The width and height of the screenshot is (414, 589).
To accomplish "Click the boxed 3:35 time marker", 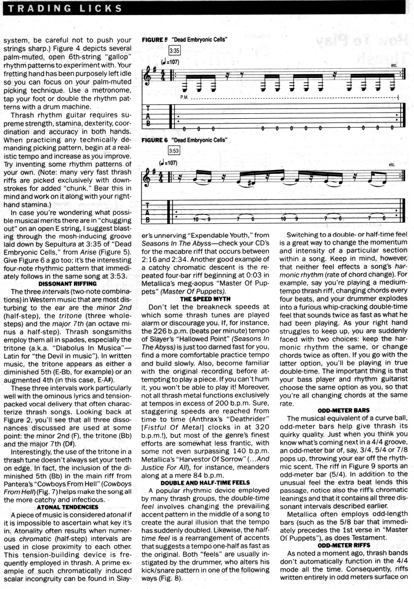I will (174, 51).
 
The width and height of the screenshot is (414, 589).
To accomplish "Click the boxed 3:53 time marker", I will (174, 151).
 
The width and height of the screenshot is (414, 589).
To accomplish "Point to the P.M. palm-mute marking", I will (184, 97).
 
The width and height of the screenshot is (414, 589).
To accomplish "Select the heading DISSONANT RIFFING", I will (68, 284).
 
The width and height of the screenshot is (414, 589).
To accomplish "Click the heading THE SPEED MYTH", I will (205, 299).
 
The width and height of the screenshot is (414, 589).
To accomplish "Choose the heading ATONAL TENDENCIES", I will (68, 507).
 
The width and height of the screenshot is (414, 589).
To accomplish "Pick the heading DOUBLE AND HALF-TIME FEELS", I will (205, 483).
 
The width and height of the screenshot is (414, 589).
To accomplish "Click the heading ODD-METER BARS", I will (343, 410).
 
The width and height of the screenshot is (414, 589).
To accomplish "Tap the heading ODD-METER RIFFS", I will (343, 545).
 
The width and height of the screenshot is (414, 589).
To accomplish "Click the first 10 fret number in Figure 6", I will (195, 219).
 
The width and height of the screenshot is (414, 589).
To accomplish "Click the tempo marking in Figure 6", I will (168, 163).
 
